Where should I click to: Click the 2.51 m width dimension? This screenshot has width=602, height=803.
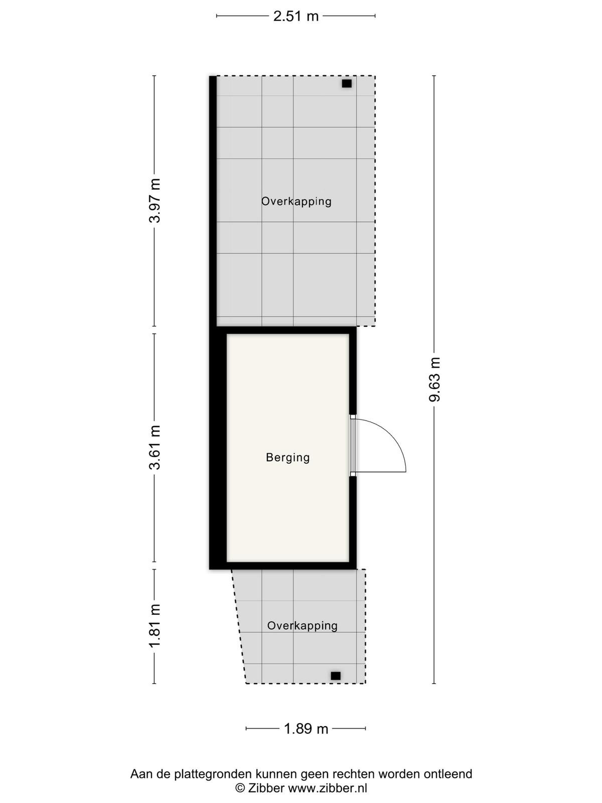click(296, 16)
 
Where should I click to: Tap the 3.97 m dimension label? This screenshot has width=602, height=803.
click(155, 200)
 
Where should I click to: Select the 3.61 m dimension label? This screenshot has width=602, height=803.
click(155, 447)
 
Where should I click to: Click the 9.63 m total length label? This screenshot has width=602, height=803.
click(435, 379)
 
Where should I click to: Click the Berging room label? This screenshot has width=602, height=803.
click(287, 458)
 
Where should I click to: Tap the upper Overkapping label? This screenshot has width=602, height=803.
click(296, 201)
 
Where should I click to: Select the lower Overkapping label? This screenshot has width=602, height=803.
click(303, 625)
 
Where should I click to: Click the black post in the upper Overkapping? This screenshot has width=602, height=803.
click(347, 83)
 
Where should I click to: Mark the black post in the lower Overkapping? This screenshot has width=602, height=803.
click(336, 676)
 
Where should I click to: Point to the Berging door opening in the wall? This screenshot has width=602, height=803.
click(353, 445)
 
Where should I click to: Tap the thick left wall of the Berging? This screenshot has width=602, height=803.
click(218, 448)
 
